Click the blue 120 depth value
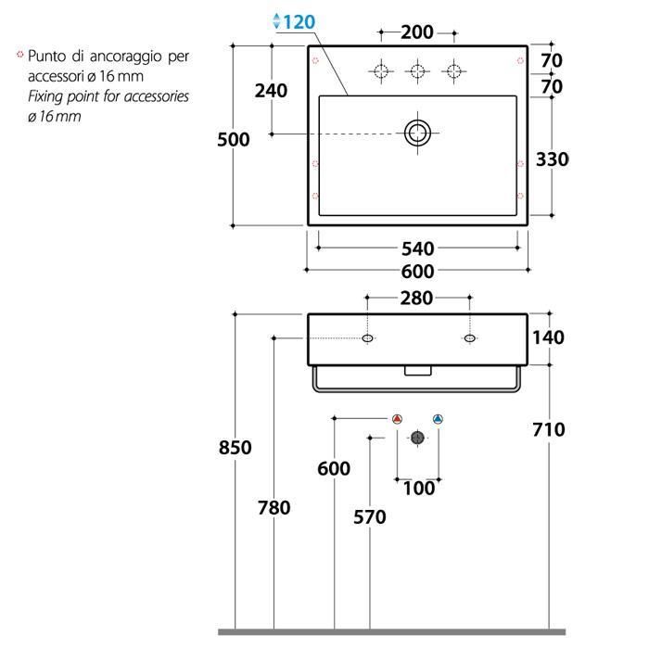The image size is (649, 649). click(299, 22)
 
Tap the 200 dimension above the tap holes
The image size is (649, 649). click(417, 32)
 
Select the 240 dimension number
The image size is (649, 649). click(271, 91)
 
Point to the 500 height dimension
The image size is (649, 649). click(234, 139)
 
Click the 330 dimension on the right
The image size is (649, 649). click(553, 159)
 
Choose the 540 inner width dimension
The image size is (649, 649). click(418, 248)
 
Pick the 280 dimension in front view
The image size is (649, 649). click(416, 298)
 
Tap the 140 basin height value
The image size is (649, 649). click(548, 337)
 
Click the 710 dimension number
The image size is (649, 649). click(549, 429)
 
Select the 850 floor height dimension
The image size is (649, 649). click(235, 448)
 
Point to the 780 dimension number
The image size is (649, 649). click(274, 508)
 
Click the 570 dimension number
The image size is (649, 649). click(370, 517)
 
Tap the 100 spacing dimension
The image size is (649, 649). click(419, 489)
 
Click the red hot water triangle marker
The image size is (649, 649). click(397, 419)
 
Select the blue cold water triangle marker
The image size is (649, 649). click(438, 419)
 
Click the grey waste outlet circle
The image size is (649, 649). click(417, 438)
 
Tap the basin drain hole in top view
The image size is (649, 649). click(417, 133)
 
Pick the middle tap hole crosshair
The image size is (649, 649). click(417, 71)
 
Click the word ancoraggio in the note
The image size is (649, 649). click(126, 57)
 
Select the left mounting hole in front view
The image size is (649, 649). click(367, 338)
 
